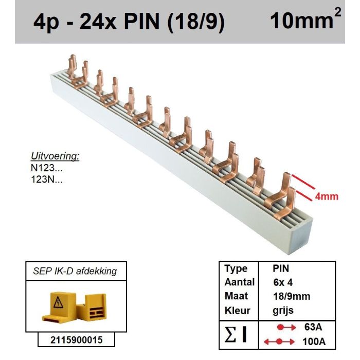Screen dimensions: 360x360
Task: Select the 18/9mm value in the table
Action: point(291,296)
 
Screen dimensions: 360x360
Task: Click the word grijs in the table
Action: point(283,311)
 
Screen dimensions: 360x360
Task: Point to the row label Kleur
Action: point(237,311)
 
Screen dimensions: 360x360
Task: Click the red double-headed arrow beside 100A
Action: point(278,341)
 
